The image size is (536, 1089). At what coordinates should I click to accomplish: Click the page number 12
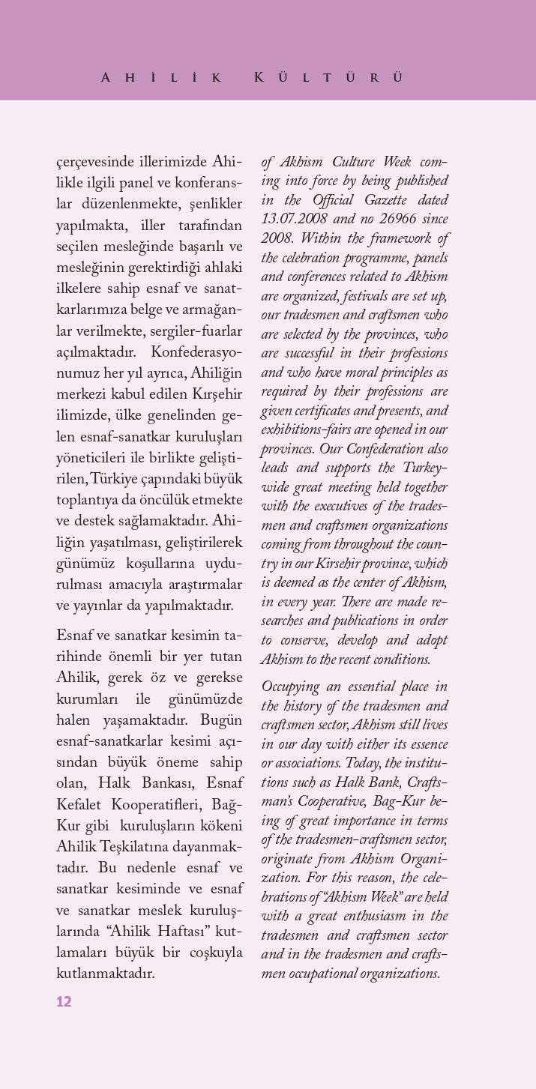point(64,1001)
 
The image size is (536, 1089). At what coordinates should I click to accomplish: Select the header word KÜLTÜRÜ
point(328,78)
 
